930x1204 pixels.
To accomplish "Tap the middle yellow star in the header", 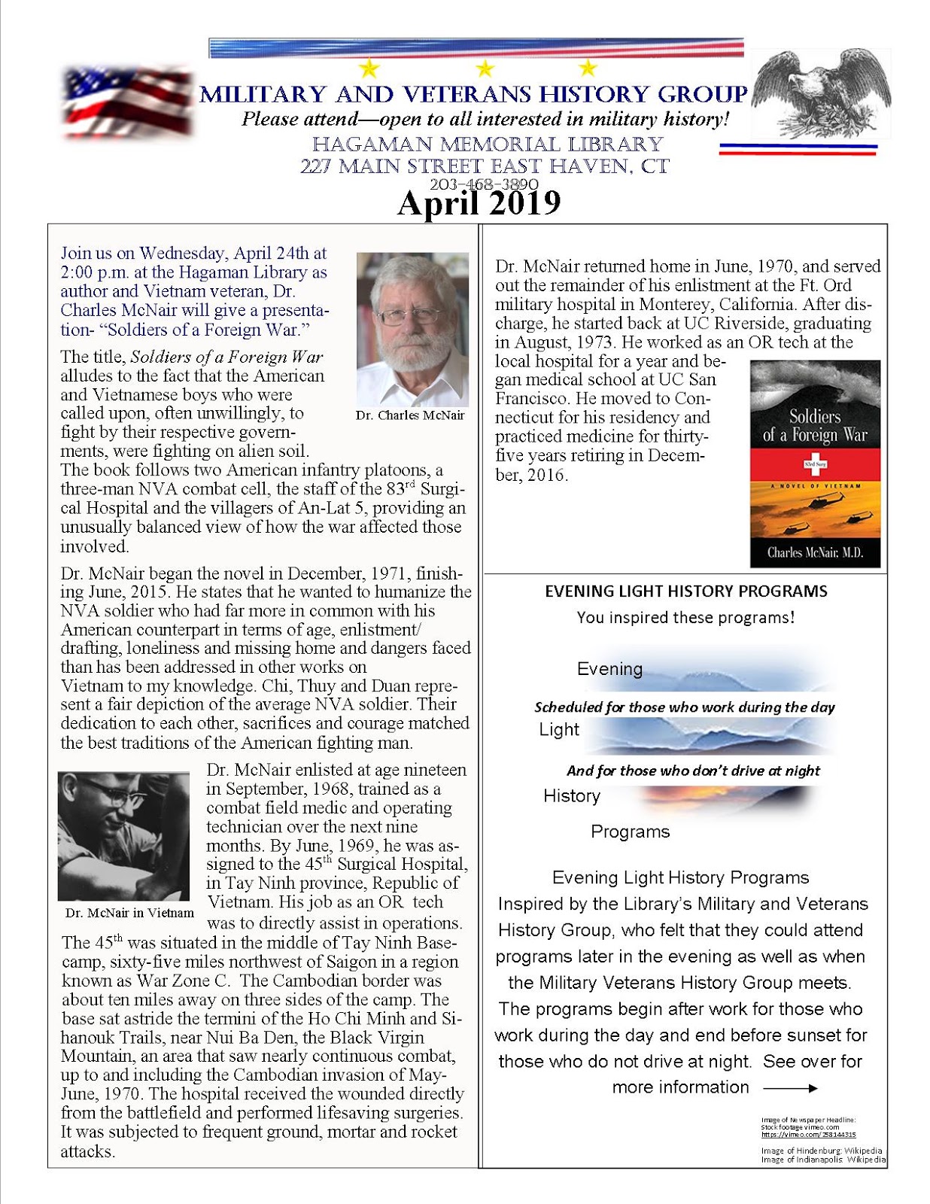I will click(485, 69).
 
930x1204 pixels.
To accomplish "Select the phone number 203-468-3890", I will click(484, 184).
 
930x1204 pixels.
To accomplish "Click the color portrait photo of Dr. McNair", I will click(412, 330).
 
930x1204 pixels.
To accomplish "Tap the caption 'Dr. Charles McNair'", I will click(410, 415).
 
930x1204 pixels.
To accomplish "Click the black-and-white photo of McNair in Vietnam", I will click(123, 835).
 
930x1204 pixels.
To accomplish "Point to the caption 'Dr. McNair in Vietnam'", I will click(129, 913).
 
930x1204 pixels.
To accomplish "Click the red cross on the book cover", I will click(815, 463).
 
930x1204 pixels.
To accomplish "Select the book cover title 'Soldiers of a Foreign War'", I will click(815, 426).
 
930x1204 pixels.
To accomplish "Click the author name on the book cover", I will click(815, 552).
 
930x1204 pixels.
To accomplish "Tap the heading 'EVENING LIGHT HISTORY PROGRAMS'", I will click(685, 591).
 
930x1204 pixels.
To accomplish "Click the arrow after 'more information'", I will click(790, 1088).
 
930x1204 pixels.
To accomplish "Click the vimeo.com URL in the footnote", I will click(808, 1135).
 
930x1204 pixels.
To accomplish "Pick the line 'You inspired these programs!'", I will click(685, 618).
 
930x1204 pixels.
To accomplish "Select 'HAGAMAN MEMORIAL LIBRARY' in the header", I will click(488, 144).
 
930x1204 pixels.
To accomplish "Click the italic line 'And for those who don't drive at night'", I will click(693, 771).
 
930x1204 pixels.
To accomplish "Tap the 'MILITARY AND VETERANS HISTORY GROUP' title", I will click(473, 95).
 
